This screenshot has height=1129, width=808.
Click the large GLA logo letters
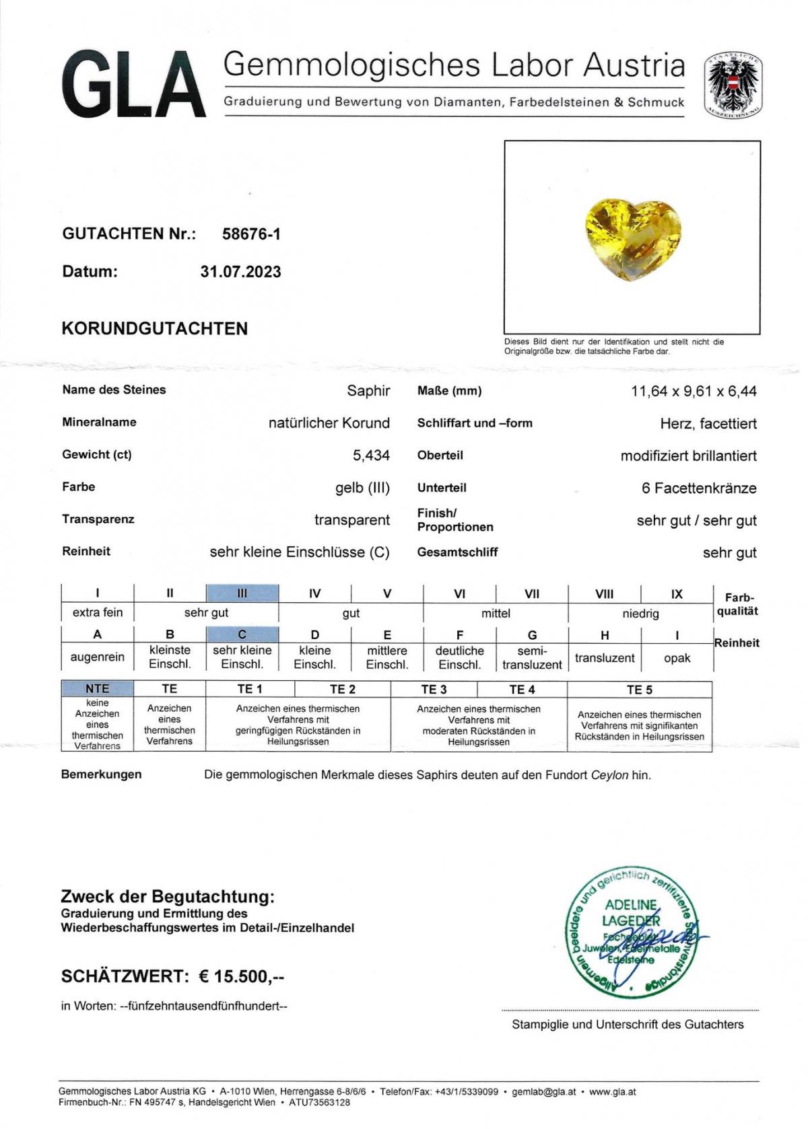coord(133,86)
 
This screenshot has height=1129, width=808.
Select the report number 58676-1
coord(251,234)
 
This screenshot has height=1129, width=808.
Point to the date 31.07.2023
coord(240,272)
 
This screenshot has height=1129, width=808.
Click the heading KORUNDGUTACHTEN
coord(155,328)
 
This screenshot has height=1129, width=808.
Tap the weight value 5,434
coord(371,456)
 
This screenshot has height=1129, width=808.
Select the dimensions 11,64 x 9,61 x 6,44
coord(694,391)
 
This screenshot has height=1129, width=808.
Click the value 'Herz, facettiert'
coord(708,424)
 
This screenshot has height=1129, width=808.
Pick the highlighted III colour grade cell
coord(242,593)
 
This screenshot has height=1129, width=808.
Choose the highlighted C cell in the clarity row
coord(242,634)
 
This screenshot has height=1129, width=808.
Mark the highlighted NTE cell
coord(97,688)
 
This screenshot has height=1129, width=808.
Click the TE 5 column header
coord(639,690)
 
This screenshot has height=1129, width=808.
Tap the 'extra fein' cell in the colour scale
coord(98,612)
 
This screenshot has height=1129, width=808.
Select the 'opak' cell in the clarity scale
coord(677,658)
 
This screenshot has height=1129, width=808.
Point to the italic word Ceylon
coord(609,775)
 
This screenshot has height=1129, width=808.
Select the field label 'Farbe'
coord(79,486)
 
